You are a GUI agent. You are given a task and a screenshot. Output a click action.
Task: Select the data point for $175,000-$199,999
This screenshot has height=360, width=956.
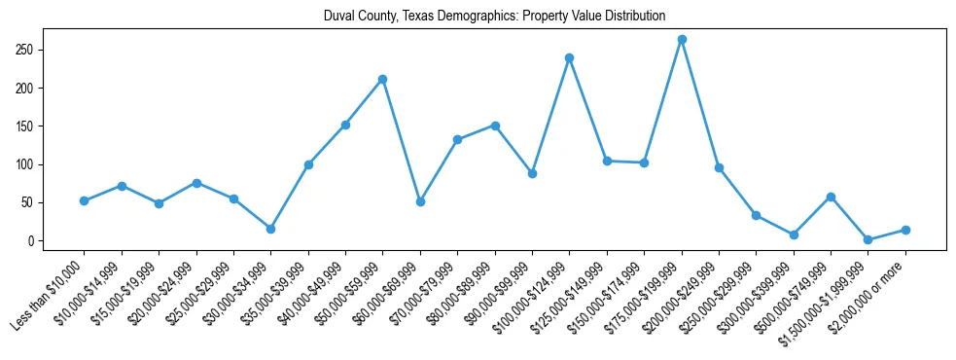pyautogui.click(x=682, y=40)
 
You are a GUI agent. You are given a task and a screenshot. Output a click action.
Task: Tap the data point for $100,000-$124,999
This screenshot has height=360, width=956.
pyautogui.click(x=569, y=58)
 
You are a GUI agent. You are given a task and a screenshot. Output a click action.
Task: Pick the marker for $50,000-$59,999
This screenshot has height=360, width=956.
pyautogui.click(x=382, y=79)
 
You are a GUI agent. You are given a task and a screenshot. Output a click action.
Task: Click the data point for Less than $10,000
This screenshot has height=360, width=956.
pyautogui.click(x=84, y=201)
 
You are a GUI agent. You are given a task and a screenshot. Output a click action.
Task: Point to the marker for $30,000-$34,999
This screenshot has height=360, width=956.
pyautogui.click(x=270, y=229)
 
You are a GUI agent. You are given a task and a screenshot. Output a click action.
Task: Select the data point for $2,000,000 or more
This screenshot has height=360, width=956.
pyautogui.click(x=905, y=231)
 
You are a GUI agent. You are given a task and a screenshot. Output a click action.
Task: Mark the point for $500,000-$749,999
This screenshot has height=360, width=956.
pyautogui.click(x=831, y=198)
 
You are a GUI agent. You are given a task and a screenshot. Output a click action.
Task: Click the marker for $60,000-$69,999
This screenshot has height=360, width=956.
pyautogui.click(x=420, y=201)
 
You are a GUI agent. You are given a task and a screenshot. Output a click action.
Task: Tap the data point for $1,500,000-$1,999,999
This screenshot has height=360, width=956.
pyautogui.click(x=867, y=239)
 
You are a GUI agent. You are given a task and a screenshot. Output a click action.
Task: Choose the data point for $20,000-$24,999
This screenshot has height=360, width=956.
pyautogui.click(x=196, y=183)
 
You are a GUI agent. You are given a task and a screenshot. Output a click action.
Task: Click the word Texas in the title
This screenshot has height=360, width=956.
pyautogui.click(x=451, y=16)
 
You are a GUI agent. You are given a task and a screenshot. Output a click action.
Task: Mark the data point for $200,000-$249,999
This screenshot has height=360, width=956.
pyautogui.click(x=719, y=168)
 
